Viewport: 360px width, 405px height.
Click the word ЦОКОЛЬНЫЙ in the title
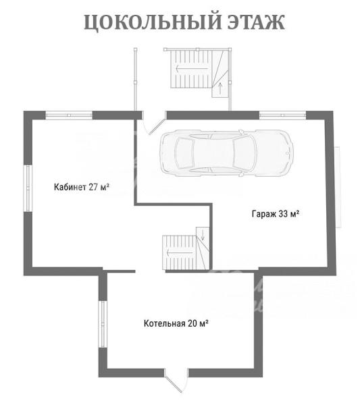(x=153, y=22)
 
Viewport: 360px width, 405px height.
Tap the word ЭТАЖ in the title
(x=256, y=22)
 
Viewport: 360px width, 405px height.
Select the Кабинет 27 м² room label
(x=82, y=187)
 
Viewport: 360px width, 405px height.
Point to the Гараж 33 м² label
(x=276, y=214)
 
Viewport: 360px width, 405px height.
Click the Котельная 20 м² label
(x=176, y=323)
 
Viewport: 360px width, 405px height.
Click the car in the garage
(x=226, y=153)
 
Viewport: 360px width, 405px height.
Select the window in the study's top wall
(x=69, y=115)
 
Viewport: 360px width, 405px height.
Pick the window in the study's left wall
(x=28, y=188)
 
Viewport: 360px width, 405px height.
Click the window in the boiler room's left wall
(x=103, y=325)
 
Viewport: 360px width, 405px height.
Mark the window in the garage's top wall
(x=283, y=115)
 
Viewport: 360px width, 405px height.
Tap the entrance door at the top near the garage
(x=154, y=124)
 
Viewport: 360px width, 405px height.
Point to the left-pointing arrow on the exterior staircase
(x=192, y=69)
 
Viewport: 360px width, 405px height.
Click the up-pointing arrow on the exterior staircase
(x=220, y=88)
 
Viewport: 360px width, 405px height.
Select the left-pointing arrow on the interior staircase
(x=180, y=253)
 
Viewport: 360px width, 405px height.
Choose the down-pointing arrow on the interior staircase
(x=203, y=234)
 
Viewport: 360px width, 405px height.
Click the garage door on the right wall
(x=338, y=187)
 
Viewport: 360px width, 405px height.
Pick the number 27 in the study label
(x=94, y=187)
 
